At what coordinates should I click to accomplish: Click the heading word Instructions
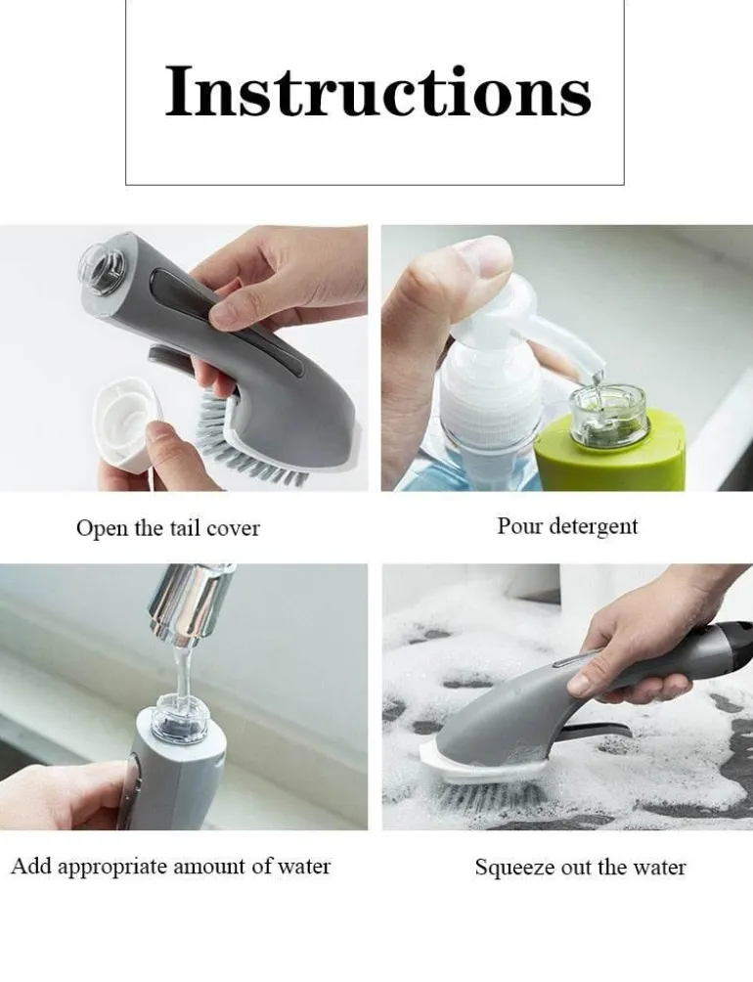point(378,91)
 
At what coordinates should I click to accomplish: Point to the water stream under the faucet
point(182,672)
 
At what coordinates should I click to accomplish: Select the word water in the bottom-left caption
point(303,868)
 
